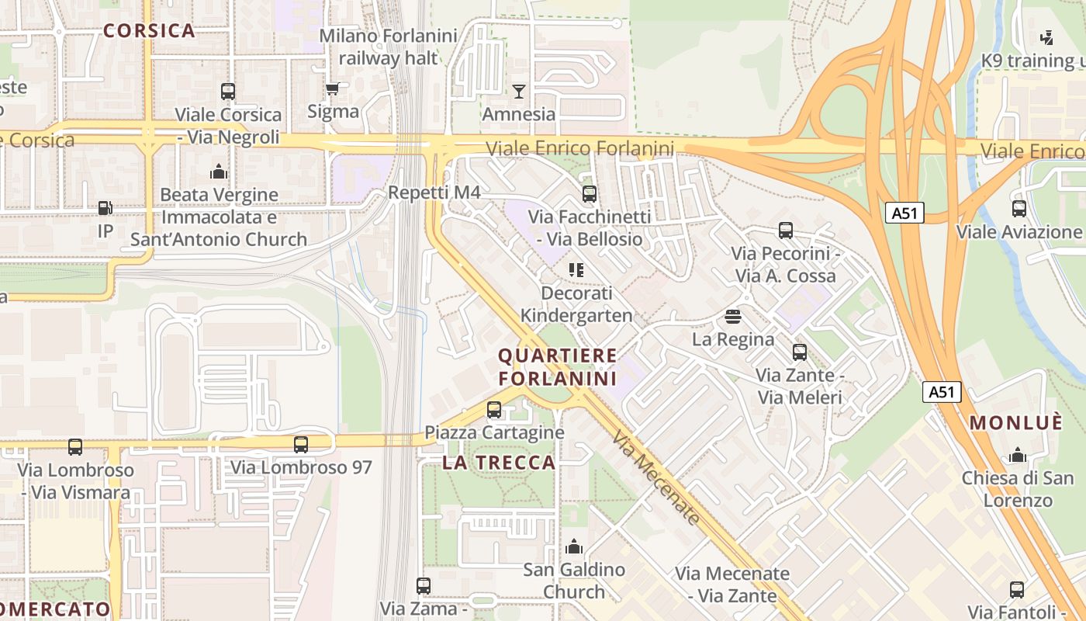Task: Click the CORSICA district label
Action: pyautogui.click(x=149, y=31)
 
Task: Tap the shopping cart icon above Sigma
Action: pyautogui.click(x=333, y=89)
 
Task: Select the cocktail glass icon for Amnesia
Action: pyautogui.click(x=519, y=92)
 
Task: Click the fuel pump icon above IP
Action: pyautogui.click(x=105, y=208)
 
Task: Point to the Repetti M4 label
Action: pyautogui.click(x=434, y=193)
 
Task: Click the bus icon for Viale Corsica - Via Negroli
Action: pyautogui.click(x=227, y=92)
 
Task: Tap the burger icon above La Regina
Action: pyautogui.click(x=733, y=317)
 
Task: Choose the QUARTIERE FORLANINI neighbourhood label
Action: pyautogui.click(x=558, y=367)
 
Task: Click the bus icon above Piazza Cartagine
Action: pyautogui.click(x=494, y=409)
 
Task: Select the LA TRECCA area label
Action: pyautogui.click(x=500, y=463)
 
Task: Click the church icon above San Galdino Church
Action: pyautogui.click(x=574, y=546)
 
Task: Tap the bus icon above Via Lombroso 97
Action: pyautogui.click(x=301, y=445)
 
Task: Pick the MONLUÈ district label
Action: pyautogui.click(x=1016, y=423)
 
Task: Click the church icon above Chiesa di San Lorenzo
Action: pyautogui.click(x=1017, y=455)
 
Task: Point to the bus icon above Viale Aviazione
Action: pyautogui.click(x=1019, y=209)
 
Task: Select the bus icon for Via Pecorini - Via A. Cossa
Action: pyautogui.click(x=786, y=231)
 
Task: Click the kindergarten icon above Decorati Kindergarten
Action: pyautogui.click(x=576, y=270)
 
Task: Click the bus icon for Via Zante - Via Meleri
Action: pyautogui.click(x=800, y=352)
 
